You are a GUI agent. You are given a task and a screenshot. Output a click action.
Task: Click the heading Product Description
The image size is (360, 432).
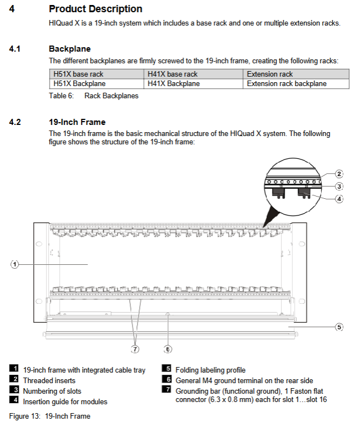tap(95, 9)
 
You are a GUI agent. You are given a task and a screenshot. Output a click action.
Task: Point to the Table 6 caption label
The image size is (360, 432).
tap(94, 96)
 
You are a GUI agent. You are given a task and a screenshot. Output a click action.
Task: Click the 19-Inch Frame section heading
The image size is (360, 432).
tap(77, 122)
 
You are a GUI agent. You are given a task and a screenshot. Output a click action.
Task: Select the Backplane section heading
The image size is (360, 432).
tap(69, 49)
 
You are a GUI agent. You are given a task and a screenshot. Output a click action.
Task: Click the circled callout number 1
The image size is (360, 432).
tap(15, 265)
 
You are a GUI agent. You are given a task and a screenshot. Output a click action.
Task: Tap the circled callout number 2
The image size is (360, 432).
tap(339, 174)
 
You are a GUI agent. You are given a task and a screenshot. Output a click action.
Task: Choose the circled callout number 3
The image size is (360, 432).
tap(339, 187)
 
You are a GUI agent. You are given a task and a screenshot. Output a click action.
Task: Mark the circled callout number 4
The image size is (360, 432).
tap(339, 199)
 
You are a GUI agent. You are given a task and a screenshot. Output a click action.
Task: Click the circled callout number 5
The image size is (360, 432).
tap(339, 327)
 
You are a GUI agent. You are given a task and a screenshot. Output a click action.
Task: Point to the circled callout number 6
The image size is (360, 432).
tap(168, 349)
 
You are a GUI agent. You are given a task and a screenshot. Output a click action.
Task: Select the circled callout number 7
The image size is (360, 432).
tap(135, 349)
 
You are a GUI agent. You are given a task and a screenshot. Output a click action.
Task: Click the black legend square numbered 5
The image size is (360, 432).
tap(166, 369)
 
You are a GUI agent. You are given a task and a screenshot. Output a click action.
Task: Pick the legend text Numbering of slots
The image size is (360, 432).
tap(52, 391)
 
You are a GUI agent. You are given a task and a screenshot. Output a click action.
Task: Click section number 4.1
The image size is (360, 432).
tap(15, 49)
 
